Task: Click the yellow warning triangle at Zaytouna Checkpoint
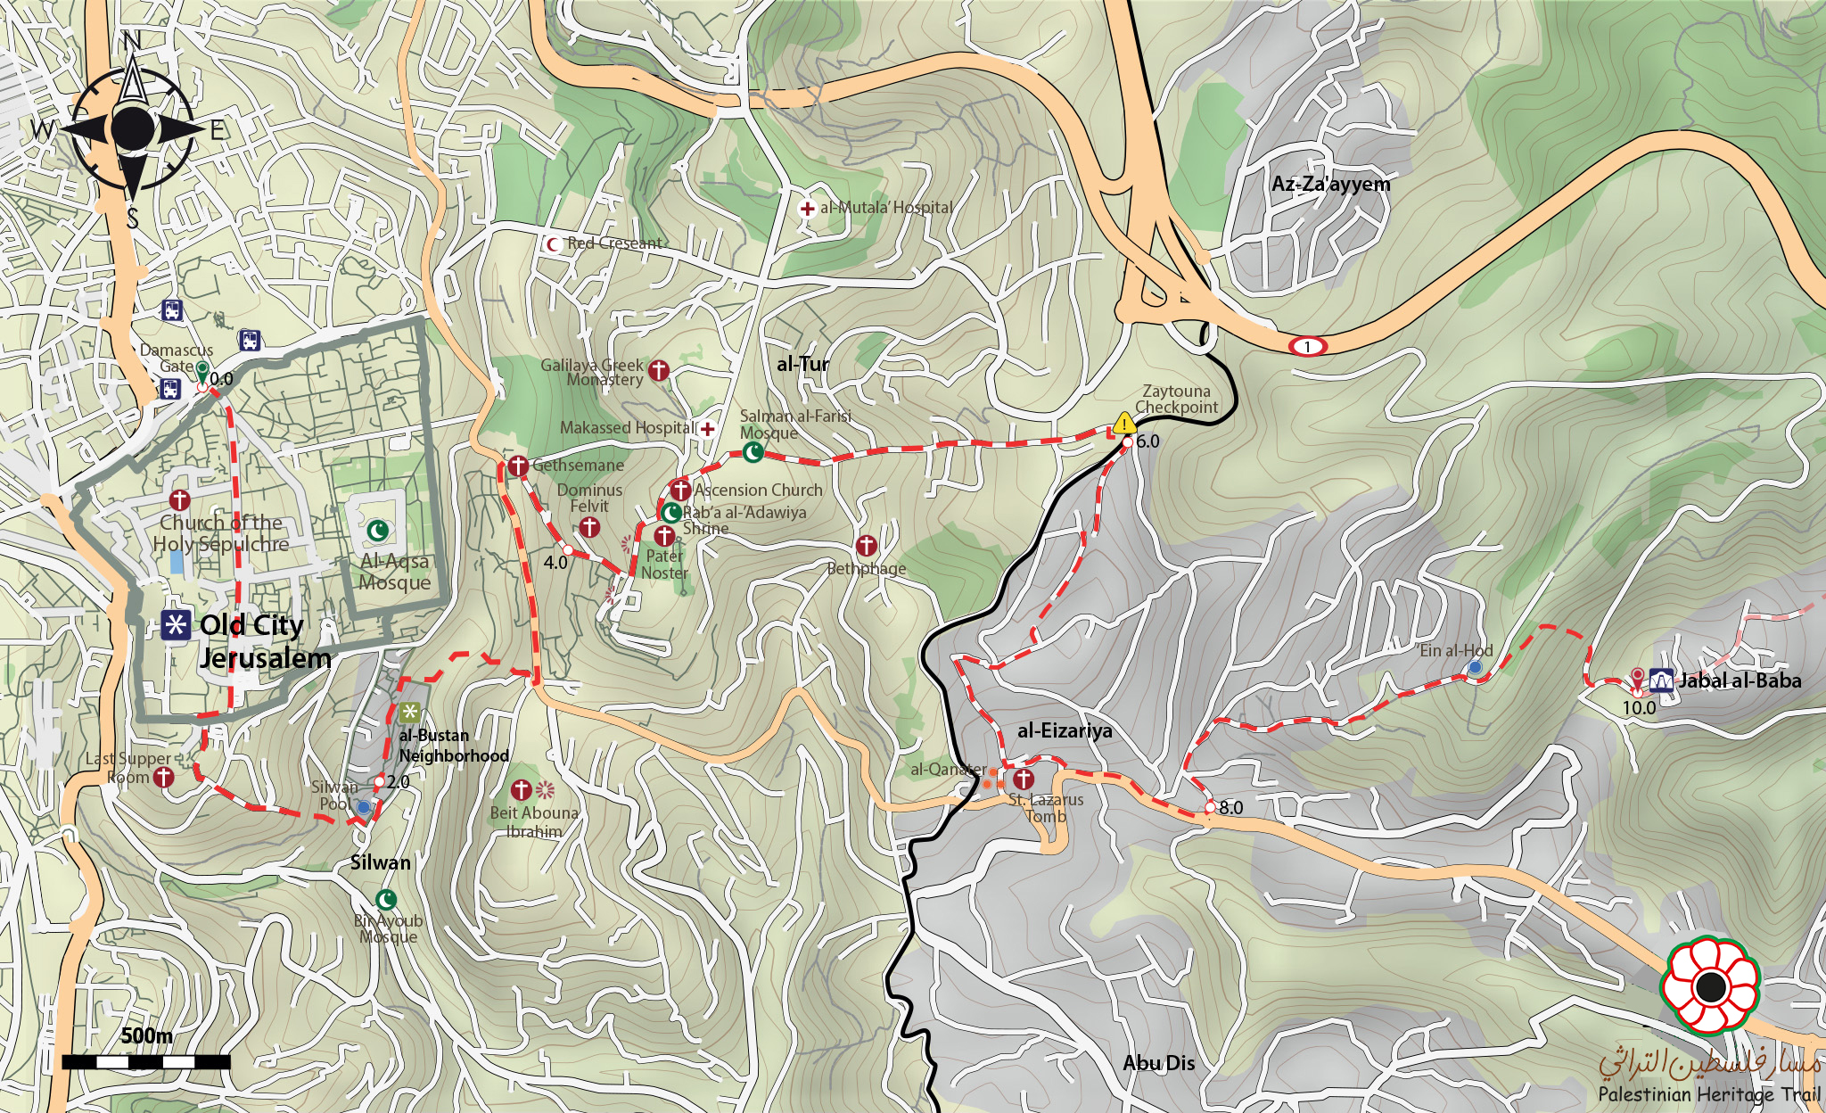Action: click(x=1124, y=424)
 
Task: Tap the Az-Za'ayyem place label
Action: click(x=1330, y=185)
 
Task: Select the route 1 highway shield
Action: click(x=1307, y=346)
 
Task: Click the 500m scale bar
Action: click(x=146, y=1061)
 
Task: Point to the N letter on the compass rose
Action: click(x=132, y=41)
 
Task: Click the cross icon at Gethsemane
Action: click(x=518, y=466)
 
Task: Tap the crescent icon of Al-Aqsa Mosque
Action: click(x=379, y=531)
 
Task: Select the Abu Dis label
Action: click(x=1158, y=1063)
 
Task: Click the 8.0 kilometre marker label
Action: click(x=1230, y=808)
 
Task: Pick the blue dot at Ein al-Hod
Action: click(x=1475, y=667)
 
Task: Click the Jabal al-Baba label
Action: click(x=1740, y=681)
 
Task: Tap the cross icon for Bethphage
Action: click(x=866, y=546)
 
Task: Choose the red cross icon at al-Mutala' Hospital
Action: click(x=807, y=209)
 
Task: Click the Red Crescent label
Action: click(x=614, y=243)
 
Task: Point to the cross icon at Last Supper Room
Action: click(x=163, y=778)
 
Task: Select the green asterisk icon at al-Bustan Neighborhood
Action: click(x=409, y=712)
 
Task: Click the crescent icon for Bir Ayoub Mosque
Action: click(x=386, y=899)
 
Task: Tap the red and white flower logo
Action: click(x=1708, y=986)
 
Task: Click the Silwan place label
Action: click(x=380, y=862)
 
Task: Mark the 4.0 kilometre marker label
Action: click(x=555, y=563)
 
